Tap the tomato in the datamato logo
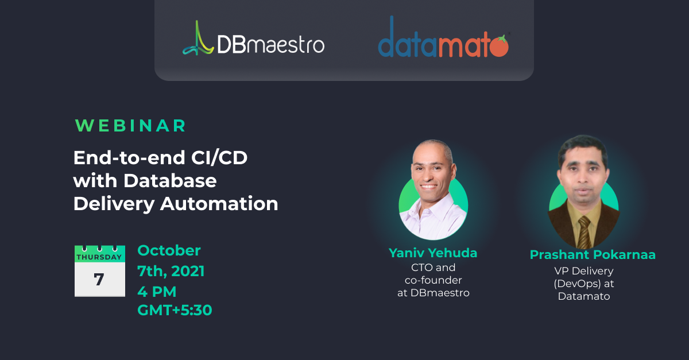[x=498, y=46]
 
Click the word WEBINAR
[x=130, y=126]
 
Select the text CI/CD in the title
[x=219, y=158]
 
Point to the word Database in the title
[x=170, y=181]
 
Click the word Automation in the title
[x=219, y=204]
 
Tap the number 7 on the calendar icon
[x=99, y=280]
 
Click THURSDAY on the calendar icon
[x=99, y=257]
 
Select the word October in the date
[x=169, y=250]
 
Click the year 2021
[x=188, y=271]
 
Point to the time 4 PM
[x=157, y=292]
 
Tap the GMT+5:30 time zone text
[x=175, y=310]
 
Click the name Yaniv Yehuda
[x=433, y=253]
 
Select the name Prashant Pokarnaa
[x=593, y=255]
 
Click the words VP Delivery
[x=584, y=271]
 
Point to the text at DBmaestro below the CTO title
[x=433, y=293]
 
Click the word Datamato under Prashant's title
[x=584, y=296]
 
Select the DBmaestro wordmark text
[x=270, y=45]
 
